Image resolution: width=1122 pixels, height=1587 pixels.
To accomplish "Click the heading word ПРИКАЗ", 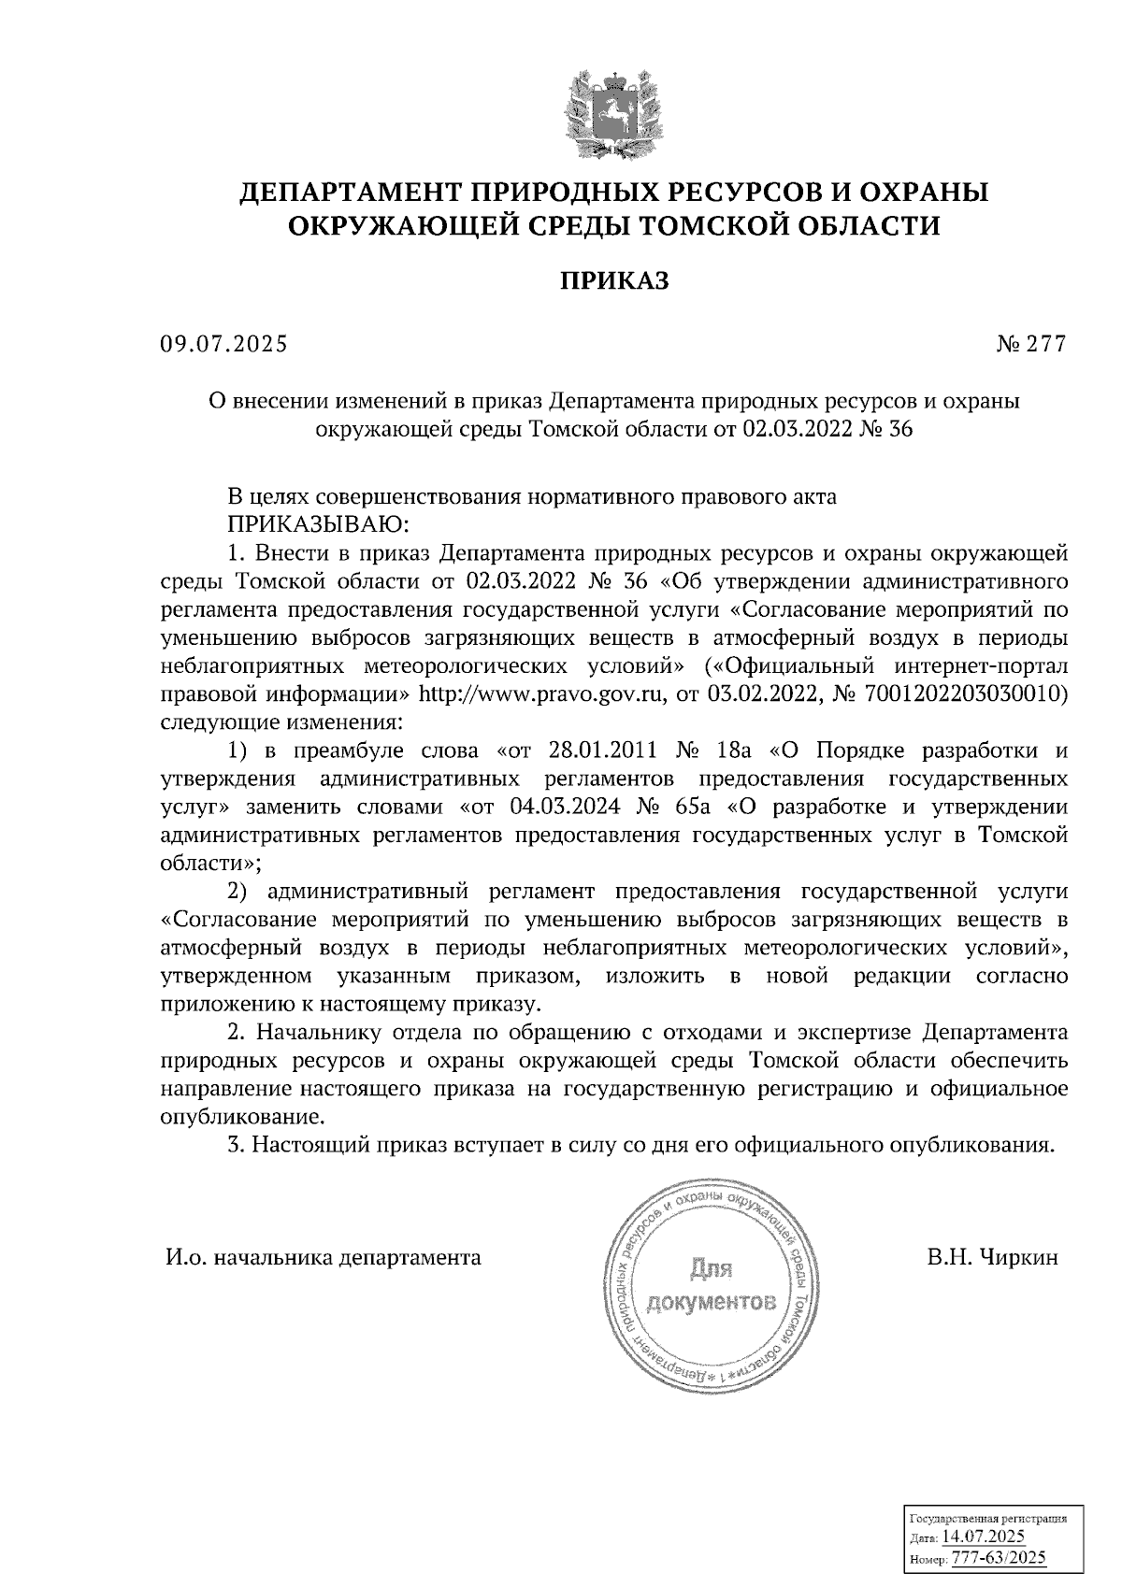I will [x=614, y=280].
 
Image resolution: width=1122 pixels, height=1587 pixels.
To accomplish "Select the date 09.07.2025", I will [x=223, y=345].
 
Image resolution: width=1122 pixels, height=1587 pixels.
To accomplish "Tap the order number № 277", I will [x=1030, y=345].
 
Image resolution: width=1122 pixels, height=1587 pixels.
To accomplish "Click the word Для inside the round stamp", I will [x=711, y=1269].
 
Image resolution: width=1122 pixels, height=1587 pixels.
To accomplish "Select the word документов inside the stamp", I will [x=712, y=1302].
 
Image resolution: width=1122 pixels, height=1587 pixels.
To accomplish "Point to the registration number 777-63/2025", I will [x=998, y=1559].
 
